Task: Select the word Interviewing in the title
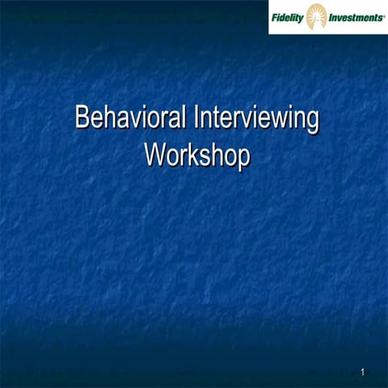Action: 256,119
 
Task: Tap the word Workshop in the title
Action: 195,155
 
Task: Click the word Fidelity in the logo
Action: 287,15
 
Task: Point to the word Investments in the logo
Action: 355,15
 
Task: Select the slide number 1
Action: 364,372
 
